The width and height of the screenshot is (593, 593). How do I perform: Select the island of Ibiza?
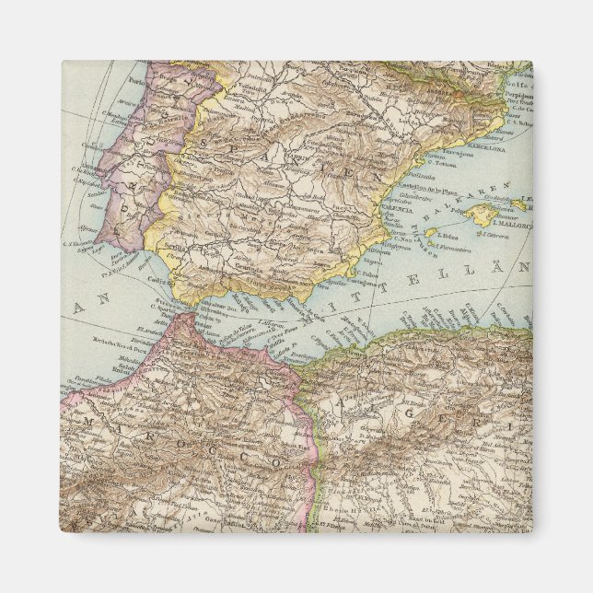[x=429, y=232]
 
